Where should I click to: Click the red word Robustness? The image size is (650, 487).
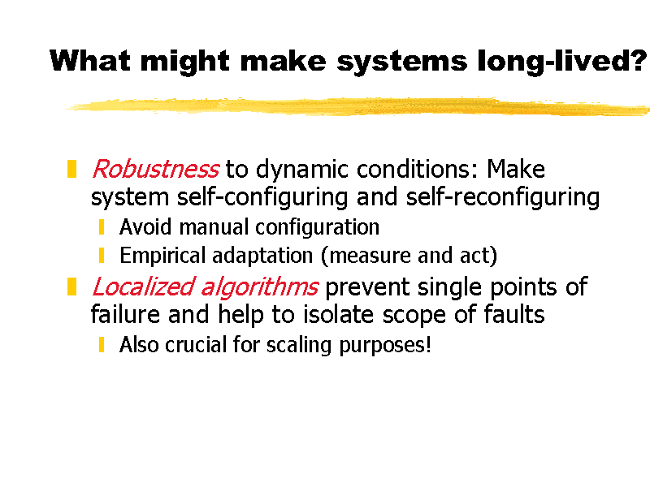coord(155,169)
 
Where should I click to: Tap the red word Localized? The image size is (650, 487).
coord(143,287)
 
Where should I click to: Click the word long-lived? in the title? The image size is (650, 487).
coord(562,62)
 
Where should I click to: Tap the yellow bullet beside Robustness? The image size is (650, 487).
coord(71,169)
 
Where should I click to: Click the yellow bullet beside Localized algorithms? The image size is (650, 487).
coord(71,287)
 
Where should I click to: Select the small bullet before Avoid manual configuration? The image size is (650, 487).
coord(102,227)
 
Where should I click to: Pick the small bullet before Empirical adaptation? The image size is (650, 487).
coord(102,255)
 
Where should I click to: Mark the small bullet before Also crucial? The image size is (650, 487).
coord(102,344)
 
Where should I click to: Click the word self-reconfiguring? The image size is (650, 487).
coord(503,197)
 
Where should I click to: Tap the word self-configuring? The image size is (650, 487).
coord(262,197)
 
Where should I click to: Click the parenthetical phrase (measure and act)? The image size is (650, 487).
coord(409,256)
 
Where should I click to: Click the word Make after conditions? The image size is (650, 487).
coord(516,169)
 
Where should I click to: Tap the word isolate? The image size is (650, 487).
coord(339,314)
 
